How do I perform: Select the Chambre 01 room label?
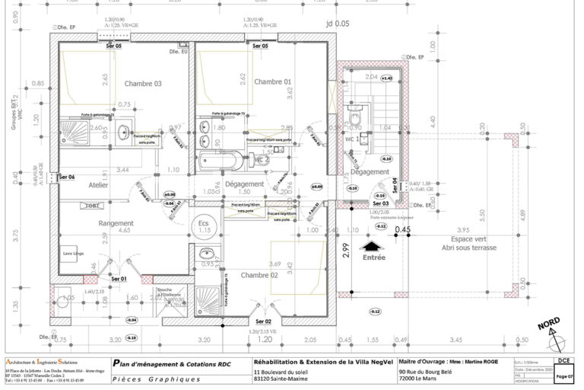(x=272, y=82)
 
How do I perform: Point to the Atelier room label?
(x=98, y=185)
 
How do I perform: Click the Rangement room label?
(x=116, y=222)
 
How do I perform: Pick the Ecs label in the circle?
(x=203, y=224)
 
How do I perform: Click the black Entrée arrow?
(x=370, y=246)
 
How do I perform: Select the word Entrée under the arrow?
(x=373, y=257)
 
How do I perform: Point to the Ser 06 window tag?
(x=67, y=177)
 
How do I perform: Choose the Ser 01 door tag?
(x=118, y=279)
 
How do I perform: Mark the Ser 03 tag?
(x=380, y=204)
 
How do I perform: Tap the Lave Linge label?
(x=73, y=254)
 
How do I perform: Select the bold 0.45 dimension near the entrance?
(x=402, y=229)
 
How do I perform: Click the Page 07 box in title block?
(x=564, y=376)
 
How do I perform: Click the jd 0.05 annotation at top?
(x=338, y=24)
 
